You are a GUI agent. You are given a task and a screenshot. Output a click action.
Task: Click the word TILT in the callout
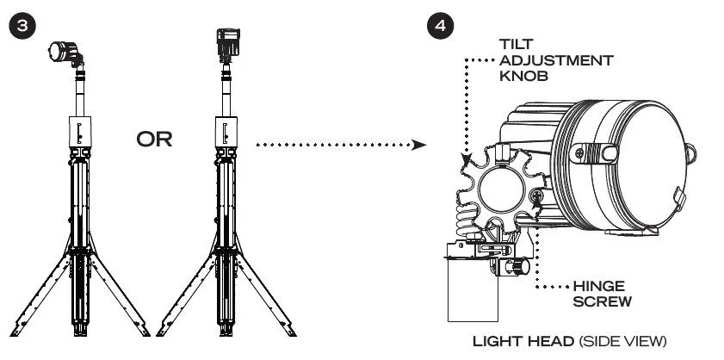(518, 42)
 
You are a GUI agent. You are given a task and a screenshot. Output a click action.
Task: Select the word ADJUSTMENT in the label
(556, 59)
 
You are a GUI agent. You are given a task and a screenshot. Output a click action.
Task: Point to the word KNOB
(521, 77)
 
